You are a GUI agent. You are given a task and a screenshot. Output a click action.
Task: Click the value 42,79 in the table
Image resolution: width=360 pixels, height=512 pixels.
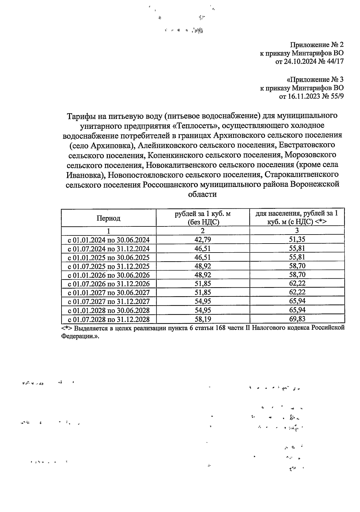(x=203, y=240)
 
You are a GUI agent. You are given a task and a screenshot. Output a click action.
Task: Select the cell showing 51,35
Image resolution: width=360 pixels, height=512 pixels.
(x=297, y=239)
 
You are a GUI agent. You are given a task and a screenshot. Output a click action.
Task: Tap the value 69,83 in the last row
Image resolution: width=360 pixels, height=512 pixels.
(x=297, y=319)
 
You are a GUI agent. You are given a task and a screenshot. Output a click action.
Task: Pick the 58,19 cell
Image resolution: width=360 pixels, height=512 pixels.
(x=203, y=319)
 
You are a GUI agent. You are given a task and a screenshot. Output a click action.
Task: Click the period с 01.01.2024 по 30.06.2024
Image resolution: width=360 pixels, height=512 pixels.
(x=108, y=240)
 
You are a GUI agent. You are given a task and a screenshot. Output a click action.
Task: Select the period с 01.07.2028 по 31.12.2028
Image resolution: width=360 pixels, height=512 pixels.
(x=108, y=319)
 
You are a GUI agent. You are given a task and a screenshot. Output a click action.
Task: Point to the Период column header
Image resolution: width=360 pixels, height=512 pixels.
(x=108, y=218)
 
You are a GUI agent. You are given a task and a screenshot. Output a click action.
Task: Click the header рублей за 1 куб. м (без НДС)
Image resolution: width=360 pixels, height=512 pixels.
(x=203, y=218)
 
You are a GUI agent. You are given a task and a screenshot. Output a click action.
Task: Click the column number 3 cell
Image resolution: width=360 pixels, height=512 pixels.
(x=297, y=231)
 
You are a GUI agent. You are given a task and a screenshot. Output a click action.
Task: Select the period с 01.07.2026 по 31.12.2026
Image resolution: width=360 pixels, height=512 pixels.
(x=108, y=284)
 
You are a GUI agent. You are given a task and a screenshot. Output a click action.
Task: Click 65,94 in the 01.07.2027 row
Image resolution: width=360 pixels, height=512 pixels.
(x=297, y=301)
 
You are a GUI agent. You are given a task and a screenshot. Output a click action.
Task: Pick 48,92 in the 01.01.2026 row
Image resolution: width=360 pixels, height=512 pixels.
(x=203, y=275)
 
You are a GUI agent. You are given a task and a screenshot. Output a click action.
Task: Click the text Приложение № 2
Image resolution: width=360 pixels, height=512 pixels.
(x=316, y=45)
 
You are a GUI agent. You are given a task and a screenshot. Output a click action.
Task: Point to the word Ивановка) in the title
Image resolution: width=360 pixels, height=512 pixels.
(x=86, y=175)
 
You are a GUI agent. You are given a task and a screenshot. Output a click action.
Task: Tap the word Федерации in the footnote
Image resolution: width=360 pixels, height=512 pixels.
(x=78, y=336)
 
